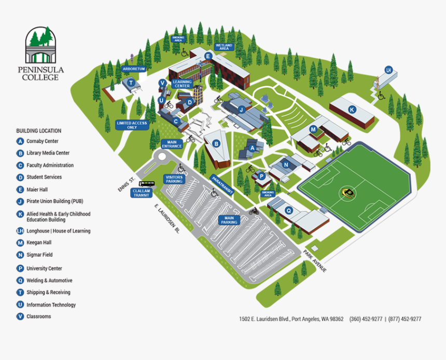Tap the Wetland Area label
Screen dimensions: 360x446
[x=225, y=47]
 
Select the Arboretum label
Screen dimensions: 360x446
[x=133, y=68]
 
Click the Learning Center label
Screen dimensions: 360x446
[x=182, y=83]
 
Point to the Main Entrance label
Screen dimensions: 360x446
[x=172, y=144]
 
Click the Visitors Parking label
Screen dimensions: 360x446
[x=174, y=179]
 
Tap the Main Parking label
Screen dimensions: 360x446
[x=229, y=219]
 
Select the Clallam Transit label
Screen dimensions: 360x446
[x=141, y=192]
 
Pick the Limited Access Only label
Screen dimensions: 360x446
[x=132, y=125]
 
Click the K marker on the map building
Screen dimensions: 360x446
[x=352, y=109]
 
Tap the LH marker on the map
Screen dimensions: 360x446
[x=388, y=70]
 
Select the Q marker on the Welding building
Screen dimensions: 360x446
[x=289, y=210]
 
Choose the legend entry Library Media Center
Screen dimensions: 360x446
[x=48, y=153]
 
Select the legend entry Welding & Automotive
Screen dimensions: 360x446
[x=49, y=281]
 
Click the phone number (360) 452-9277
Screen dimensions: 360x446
[x=366, y=319]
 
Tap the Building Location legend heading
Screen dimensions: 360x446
[x=38, y=131]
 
